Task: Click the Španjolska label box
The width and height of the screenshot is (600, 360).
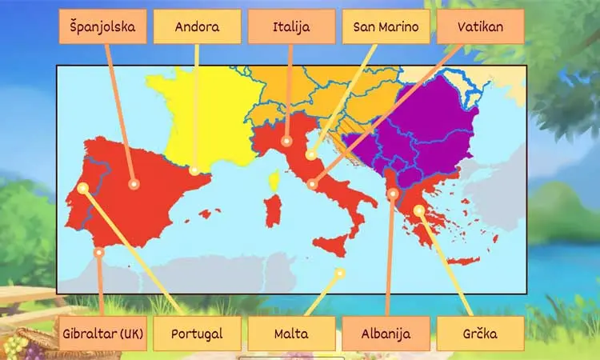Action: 102,26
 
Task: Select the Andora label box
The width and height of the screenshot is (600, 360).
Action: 197,26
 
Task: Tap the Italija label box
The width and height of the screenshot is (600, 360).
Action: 291,26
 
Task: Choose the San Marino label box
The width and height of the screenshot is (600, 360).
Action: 386,26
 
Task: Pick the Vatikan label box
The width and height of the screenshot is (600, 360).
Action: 480,26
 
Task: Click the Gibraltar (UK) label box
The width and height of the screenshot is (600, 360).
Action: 102,334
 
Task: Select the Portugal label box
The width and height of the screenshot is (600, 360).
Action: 197,334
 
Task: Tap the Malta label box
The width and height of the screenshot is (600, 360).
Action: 291,334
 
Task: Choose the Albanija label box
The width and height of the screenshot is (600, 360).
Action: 386,334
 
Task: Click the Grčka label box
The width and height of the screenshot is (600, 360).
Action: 480,334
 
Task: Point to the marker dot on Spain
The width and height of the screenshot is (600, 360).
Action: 134,184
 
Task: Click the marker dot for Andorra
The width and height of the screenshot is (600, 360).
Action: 194,170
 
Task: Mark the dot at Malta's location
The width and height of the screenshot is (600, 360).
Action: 340,273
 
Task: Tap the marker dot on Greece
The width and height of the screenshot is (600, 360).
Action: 419,210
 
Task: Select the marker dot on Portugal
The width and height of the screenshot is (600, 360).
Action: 83,188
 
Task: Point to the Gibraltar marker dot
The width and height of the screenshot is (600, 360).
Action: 99,252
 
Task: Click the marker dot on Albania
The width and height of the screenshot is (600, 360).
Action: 393,193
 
